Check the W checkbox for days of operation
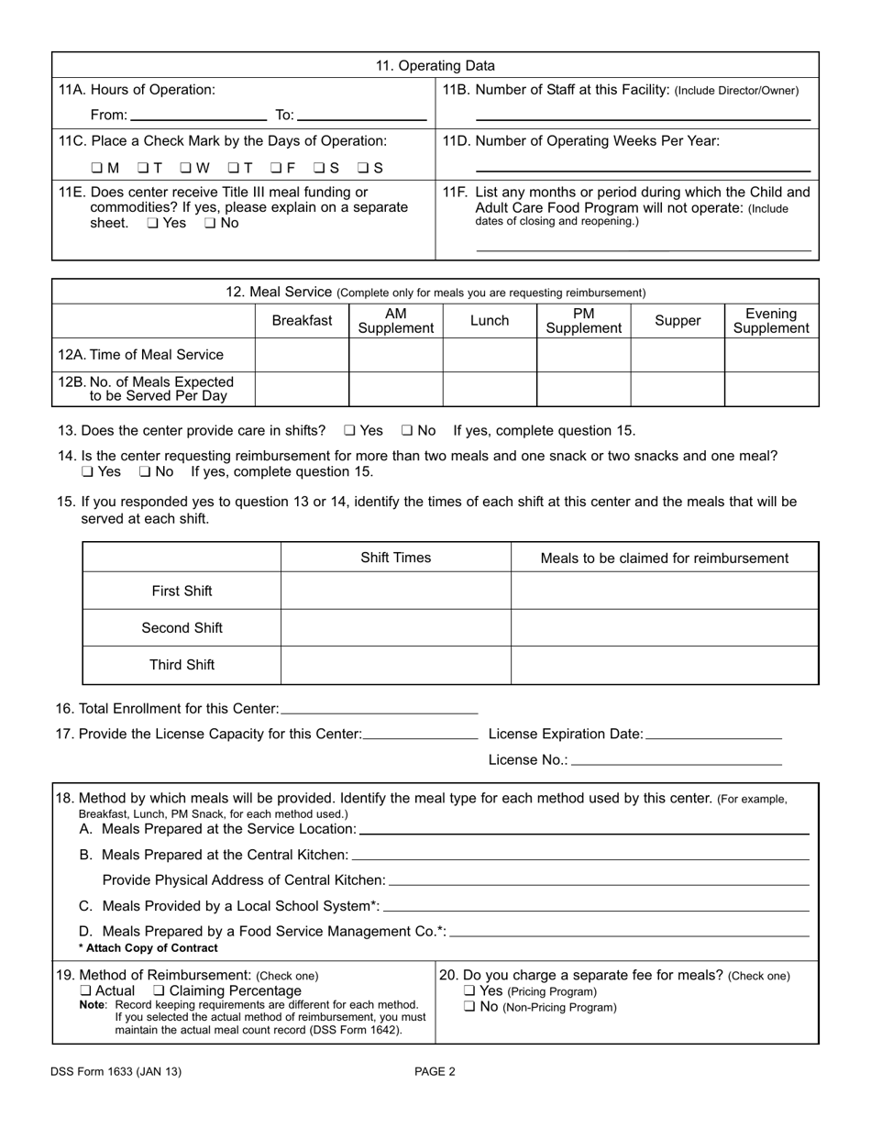pyautogui.click(x=185, y=168)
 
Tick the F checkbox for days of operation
pyautogui.click(x=276, y=168)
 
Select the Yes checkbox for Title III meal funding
pyautogui.click(x=152, y=223)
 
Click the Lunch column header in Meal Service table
pyautogui.click(x=489, y=321)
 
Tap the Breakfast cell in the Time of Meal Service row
pyautogui.click(x=302, y=355)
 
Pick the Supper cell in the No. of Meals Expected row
pyautogui.click(x=677, y=389)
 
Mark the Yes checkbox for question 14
pyautogui.click(x=87, y=472)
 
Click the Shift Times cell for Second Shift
pyautogui.click(x=395, y=628)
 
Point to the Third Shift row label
pyautogui.click(x=182, y=665)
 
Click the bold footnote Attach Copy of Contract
pyautogui.click(x=149, y=948)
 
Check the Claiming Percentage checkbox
pyautogui.click(x=159, y=991)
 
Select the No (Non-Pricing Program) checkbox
pyautogui.click(x=469, y=1007)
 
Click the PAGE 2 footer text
pyautogui.click(x=435, y=1071)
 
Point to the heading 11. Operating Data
pyautogui.click(x=435, y=66)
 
